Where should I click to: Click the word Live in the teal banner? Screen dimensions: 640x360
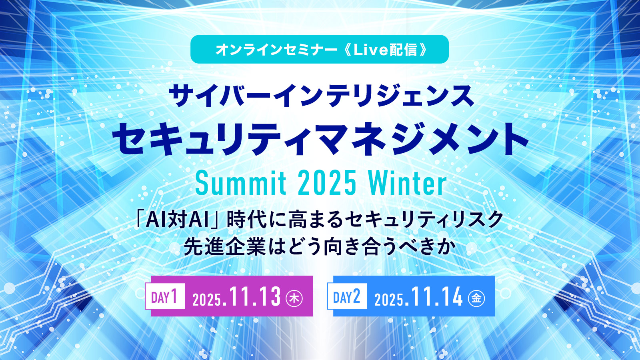pos(370,50)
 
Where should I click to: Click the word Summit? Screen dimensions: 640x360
pos(241,183)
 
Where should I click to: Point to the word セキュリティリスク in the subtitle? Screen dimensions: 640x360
pos(424,220)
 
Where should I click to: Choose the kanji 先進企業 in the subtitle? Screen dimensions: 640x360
pos(225,246)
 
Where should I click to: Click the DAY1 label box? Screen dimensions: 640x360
pos(165,296)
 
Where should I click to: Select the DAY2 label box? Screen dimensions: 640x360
pos(347,296)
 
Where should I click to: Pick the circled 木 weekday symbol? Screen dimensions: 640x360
pos(294,298)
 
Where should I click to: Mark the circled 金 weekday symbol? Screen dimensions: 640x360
pos(476,298)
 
